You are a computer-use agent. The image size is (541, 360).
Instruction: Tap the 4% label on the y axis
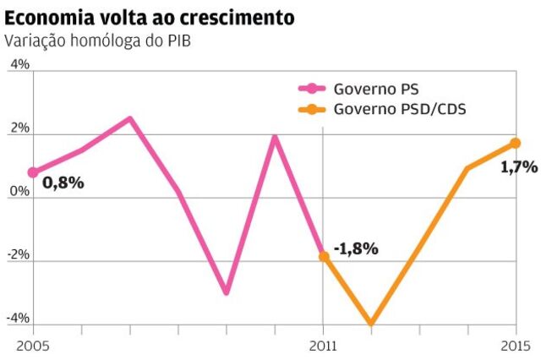19,64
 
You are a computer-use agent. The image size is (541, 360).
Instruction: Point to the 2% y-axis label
19,128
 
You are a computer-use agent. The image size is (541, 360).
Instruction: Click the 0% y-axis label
19,191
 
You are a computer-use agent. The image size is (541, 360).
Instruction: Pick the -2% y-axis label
19,254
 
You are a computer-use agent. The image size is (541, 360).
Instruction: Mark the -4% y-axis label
19,318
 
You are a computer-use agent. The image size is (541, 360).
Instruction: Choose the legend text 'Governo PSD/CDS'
401,109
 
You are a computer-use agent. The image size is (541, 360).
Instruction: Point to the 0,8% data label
63,181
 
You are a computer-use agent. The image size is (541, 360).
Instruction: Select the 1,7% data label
519,166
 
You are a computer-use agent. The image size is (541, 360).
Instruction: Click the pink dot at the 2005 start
33,172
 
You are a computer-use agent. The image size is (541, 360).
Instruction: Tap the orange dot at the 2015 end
516,143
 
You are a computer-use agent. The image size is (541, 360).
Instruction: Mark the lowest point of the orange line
370,323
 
